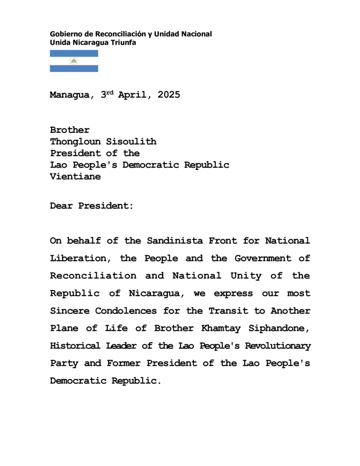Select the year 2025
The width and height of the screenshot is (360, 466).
pos(169,95)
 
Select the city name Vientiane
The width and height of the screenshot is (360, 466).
pos(75,177)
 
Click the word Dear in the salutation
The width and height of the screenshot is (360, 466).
pos(61,206)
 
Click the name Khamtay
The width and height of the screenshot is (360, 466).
pos(220,328)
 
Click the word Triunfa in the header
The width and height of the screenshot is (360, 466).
pos(123,43)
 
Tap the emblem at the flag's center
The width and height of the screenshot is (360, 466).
pos(74,61)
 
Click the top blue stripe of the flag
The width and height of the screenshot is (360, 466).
pos(74,53)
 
